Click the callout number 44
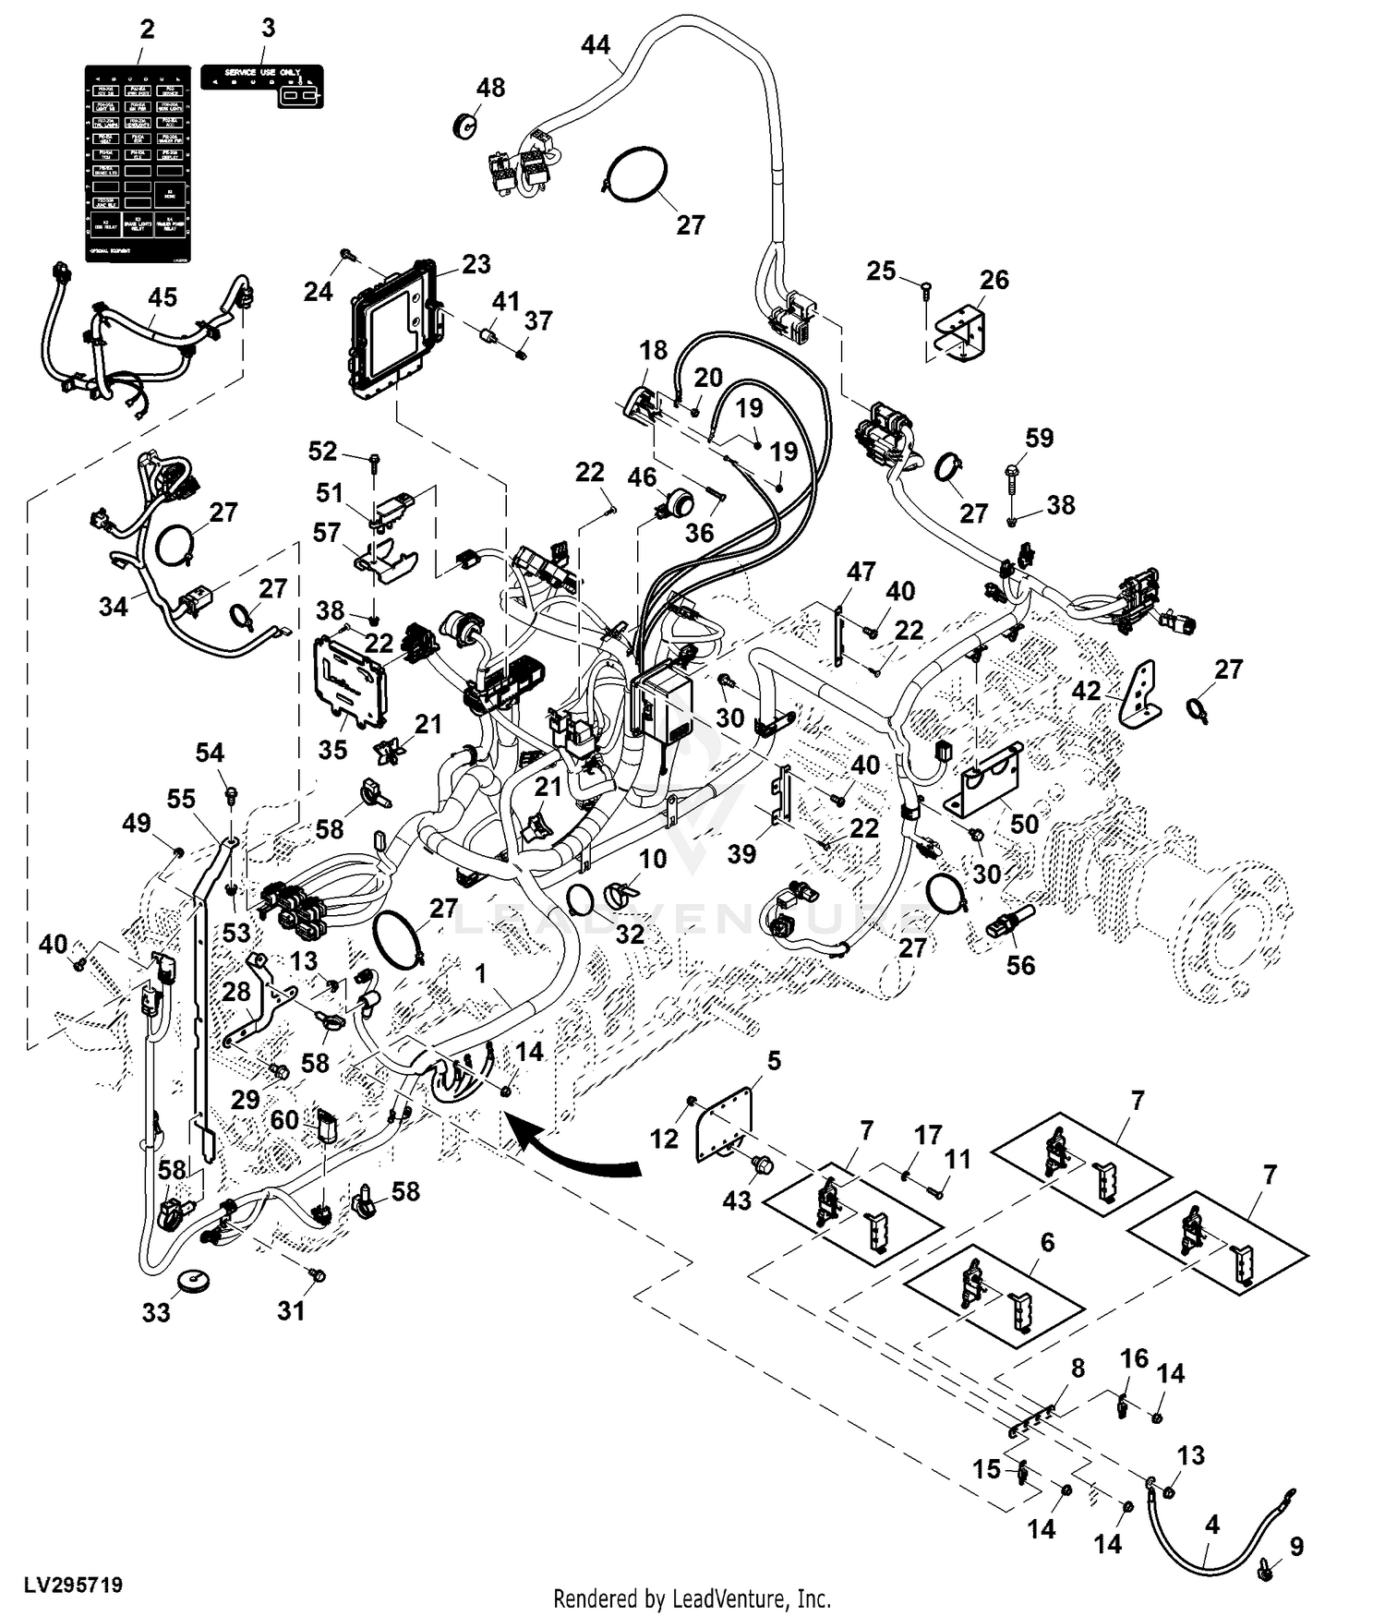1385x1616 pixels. point(596,43)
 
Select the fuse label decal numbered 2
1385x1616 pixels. point(138,163)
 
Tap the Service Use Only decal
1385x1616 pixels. point(262,85)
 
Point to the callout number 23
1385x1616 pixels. point(476,264)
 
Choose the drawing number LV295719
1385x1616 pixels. point(73,1586)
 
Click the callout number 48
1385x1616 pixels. point(490,88)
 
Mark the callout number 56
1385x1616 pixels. point(1020,965)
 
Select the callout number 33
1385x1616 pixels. point(156,1312)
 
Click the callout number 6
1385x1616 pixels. point(1047,1243)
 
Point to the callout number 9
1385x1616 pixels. point(1296,1546)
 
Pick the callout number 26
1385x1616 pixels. point(994,279)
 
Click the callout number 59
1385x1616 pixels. point(1040,438)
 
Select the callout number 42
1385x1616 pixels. point(1086,691)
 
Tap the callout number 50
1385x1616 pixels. point(1024,824)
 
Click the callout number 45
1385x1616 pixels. point(163,297)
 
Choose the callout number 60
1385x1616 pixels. point(284,1120)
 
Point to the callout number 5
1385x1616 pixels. point(774,1061)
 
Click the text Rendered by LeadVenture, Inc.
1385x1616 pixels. point(692,1598)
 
